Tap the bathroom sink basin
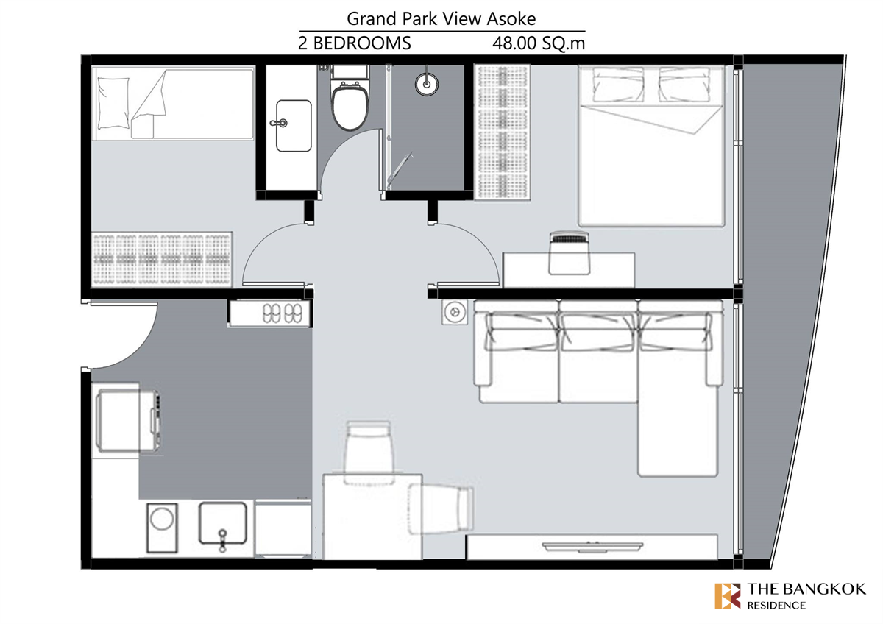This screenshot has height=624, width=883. point(294,125)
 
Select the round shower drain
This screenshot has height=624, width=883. point(427,84)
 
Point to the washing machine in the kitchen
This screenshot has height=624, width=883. point(162,528)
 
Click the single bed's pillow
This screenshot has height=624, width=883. point(113,103)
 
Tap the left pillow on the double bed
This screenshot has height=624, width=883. point(618,85)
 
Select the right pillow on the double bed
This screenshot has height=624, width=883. point(685,85)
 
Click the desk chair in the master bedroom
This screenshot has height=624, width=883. point(570,253)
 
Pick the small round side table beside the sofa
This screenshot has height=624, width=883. point(455,312)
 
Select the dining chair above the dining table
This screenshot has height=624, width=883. point(369,452)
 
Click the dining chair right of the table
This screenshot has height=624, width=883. point(441,509)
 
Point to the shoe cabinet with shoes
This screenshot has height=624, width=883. point(269,313)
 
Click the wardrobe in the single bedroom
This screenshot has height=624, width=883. point(162,259)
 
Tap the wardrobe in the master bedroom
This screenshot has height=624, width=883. point(502,132)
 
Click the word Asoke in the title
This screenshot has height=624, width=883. point(511,19)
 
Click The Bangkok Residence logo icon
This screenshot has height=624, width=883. point(727,595)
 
